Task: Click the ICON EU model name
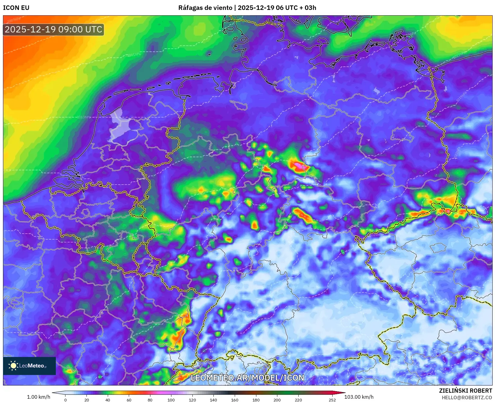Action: point(16,8)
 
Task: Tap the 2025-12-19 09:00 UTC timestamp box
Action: point(53,29)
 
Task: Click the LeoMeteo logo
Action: point(29,366)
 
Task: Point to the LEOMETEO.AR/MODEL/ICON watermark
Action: point(247,378)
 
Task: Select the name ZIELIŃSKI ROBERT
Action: point(466,391)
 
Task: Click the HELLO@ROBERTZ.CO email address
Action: point(467,397)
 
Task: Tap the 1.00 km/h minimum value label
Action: point(38,397)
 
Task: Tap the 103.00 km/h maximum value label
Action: point(359,397)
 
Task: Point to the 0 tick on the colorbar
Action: point(65,400)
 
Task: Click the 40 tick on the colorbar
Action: point(108,400)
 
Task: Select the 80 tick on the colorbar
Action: point(150,400)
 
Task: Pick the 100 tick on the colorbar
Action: point(171,400)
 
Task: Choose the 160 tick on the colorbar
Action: point(235,400)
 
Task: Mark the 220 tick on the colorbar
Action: point(298,400)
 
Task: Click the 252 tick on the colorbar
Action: point(332,400)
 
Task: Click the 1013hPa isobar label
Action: point(84,117)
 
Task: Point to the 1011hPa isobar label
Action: point(134,55)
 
